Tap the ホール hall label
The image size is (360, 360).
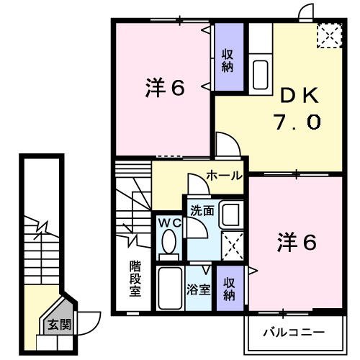pos(223,176)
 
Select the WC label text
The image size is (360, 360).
pos(168,222)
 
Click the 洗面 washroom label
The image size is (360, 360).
pos(202,211)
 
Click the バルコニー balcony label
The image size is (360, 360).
pos(293,332)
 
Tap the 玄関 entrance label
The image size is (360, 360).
pos(60,325)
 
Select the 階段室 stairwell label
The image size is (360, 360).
pos(135,277)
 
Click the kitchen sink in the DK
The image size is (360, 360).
pos(261,74)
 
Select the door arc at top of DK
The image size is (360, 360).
pos(307,12)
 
